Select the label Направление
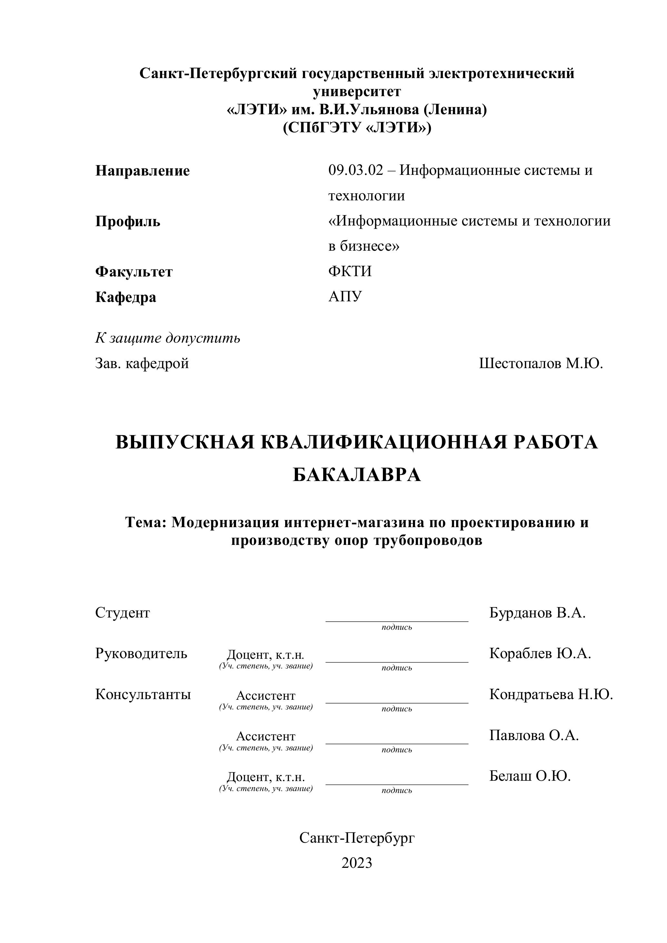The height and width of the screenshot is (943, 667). click(x=143, y=171)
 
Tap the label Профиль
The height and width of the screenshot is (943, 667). click(x=128, y=222)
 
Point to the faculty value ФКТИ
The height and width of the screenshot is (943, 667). click(x=350, y=272)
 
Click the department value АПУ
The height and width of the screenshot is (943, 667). click(x=345, y=296)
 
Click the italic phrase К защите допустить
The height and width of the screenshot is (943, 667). click(x=168, y=338)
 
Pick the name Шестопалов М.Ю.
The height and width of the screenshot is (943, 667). click(x=541, y=364)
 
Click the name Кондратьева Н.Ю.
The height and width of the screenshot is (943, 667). click(x=551, y=695)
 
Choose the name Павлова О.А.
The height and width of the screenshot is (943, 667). click(x=534, y=736)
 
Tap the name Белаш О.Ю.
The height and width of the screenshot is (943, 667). click(x=530, y=776)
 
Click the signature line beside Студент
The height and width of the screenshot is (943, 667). click(x=397, y=621)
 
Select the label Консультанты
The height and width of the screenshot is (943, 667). click(x=143, y=695)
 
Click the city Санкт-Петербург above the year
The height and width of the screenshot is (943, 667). click(x=356, y=838)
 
